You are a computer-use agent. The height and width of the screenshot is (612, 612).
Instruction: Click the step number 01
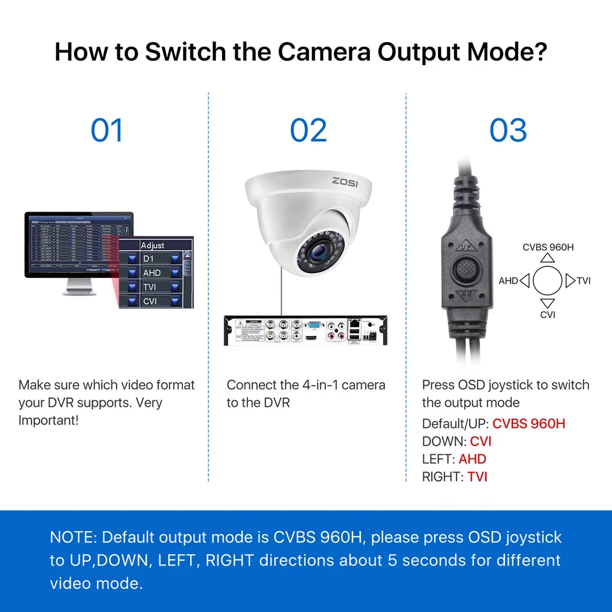(x=106, y=130)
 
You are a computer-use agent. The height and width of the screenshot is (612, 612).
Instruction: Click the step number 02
(x=308, y=130)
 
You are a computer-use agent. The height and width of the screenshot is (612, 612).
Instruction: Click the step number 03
(x=508, y=130)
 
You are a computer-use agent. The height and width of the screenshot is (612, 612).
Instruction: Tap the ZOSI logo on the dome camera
(x=345, y=181)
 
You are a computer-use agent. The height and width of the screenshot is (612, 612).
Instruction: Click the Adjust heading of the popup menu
(x=152, y=245)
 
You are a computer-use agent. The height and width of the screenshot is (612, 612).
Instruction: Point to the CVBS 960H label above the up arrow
(x=548, y=247)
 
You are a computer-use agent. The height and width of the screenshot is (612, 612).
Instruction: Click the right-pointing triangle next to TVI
(x=571, y=280)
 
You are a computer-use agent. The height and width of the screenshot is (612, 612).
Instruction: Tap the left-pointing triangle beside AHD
(x=525, y=280)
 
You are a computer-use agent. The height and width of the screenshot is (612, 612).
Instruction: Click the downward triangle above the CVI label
(x=548, y=303)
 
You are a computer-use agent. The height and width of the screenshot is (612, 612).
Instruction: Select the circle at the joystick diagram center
(x=548, y=280)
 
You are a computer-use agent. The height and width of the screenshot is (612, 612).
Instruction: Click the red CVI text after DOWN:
(x=481, y=441)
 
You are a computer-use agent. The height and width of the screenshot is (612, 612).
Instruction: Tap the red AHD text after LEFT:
(x=472, y=458)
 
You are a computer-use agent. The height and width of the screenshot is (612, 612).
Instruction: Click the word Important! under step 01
(x=48, y=420)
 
